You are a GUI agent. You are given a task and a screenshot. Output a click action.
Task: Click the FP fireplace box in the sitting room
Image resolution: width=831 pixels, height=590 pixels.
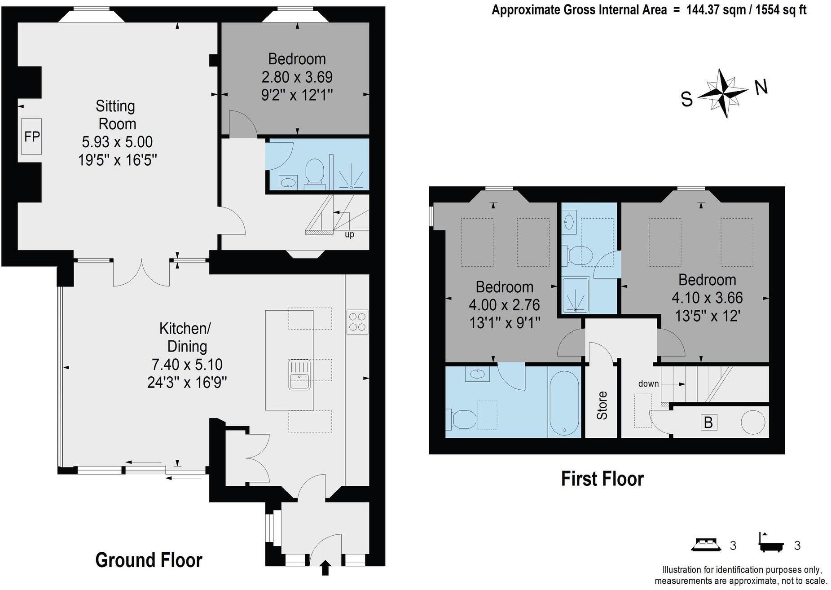click(x=31, y=136)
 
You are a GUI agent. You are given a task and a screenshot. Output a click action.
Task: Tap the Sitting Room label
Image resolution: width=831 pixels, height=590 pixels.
click(x=116, y=115)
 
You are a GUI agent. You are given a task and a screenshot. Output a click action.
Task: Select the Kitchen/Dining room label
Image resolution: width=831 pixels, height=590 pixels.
click(x=185, y=337)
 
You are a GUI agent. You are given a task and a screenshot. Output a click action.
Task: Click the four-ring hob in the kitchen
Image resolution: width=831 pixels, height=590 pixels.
click(x=357, y=322)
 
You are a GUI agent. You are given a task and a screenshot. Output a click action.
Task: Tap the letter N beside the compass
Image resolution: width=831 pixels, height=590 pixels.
click(x=761, y=88)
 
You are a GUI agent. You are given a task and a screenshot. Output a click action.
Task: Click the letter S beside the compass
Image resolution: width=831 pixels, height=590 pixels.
click(x=686, y=99)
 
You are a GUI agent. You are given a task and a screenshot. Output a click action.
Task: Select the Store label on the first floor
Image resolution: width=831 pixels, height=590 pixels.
click(x=602, y=405)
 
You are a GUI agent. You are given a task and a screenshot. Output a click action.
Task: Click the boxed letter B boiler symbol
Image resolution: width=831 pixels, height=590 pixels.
click(x=708, y=423)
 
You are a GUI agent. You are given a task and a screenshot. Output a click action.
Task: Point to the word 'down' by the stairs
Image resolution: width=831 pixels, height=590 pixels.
click(x=648, y=383)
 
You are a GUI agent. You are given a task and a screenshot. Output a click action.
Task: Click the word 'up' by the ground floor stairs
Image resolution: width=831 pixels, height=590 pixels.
click(x=349, y=234)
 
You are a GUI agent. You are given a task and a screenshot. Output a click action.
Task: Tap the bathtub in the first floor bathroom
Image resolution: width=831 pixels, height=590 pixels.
click(x=564, y=403)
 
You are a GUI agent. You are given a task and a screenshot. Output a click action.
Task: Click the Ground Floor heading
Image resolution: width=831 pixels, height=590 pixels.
click(x=149, y=560)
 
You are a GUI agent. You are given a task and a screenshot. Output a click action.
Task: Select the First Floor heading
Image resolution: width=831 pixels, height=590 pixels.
click(x=602, y=479)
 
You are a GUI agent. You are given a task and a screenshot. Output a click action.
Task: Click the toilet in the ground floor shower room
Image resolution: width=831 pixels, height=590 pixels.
click(x=315, y=173)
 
